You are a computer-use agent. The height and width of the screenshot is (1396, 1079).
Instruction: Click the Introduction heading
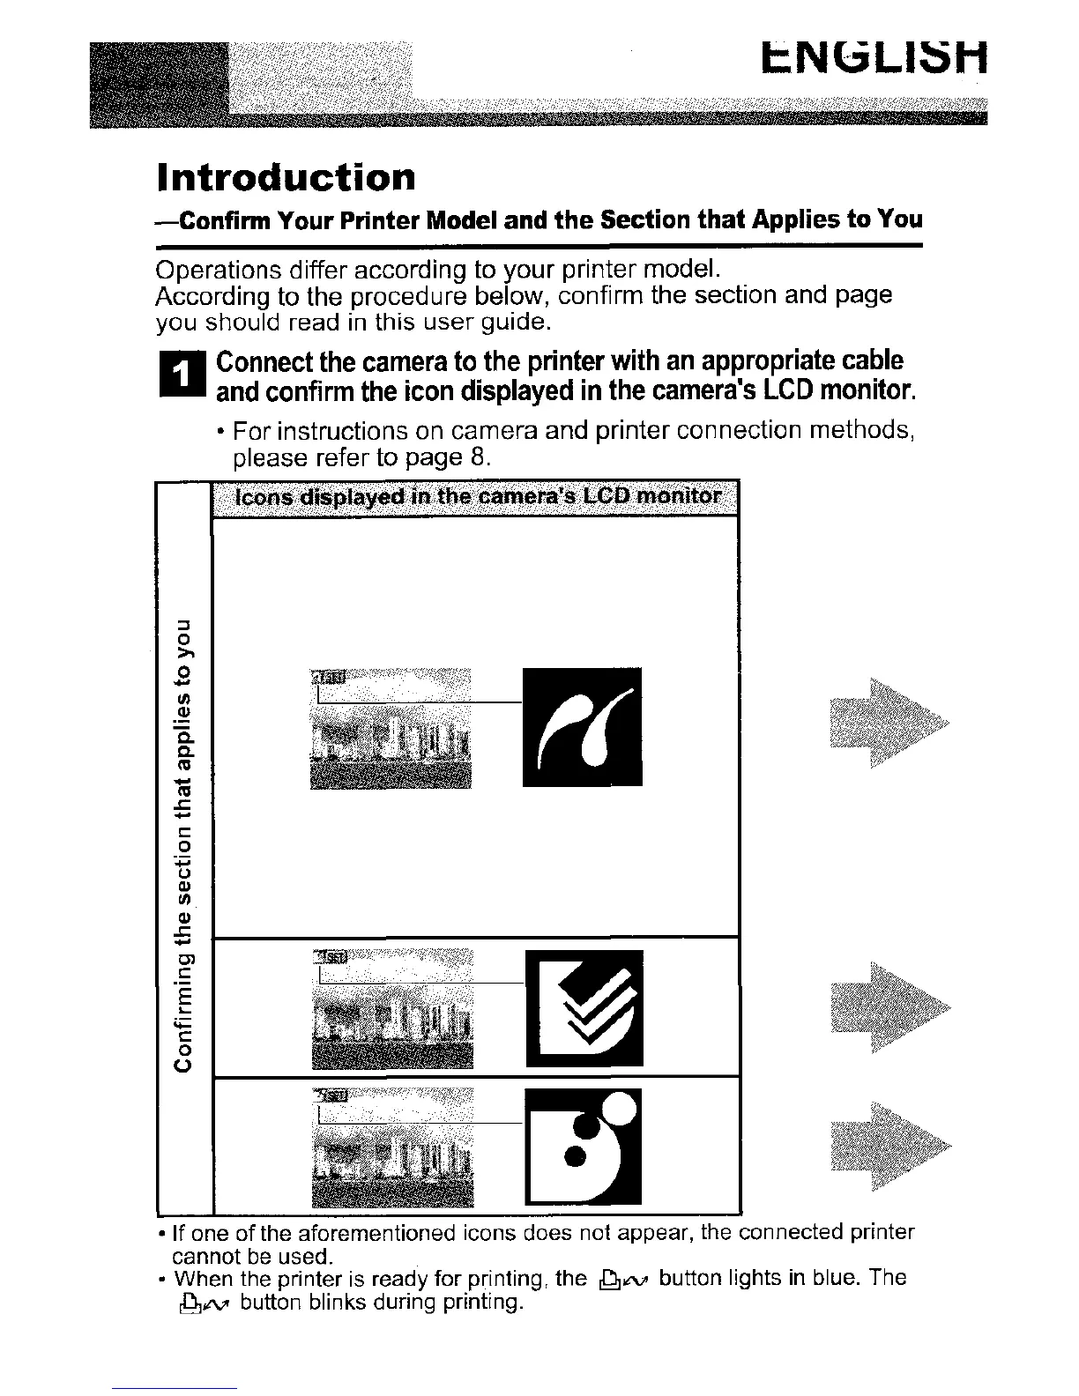point(285,177)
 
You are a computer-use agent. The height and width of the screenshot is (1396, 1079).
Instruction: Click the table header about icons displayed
point(475,498)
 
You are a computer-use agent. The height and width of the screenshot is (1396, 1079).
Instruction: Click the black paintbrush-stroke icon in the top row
point(582,727)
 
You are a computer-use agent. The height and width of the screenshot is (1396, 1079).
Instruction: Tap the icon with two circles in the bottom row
point(584,1146)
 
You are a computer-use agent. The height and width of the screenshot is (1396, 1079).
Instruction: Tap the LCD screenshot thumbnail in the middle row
point(393,1009)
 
